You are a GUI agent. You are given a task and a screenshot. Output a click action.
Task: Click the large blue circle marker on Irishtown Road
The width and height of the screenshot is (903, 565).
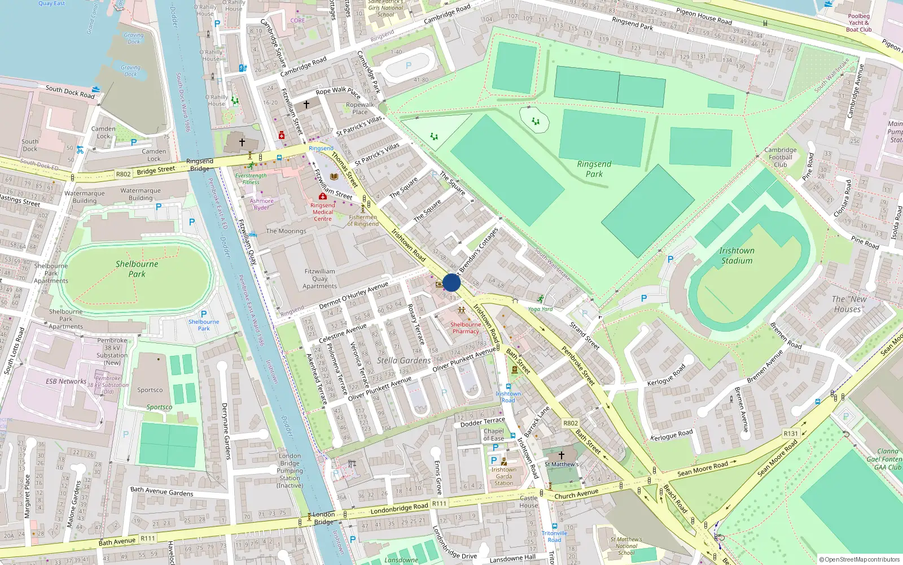[x=451, y=282]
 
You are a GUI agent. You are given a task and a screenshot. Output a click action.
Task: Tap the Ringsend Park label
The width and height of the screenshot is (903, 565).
[x=594, y=169]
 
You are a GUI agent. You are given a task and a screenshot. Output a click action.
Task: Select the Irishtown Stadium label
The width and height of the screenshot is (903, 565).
[x=737, y=255]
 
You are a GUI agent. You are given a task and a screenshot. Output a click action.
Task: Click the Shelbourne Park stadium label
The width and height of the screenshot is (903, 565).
[x=137, y=269]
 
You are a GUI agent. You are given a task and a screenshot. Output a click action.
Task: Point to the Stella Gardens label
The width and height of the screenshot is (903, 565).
[x=404, y=360]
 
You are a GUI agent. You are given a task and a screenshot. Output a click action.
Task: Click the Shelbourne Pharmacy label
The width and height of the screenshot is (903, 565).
[x=466, y=328]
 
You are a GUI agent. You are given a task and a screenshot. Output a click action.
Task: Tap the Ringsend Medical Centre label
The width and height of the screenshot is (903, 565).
[x=323, y=212]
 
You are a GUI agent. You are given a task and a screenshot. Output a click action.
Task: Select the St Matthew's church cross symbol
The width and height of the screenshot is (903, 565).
[x=561, y=455]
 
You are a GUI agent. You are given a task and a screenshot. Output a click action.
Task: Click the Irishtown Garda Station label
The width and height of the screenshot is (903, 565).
[x=503, y=476]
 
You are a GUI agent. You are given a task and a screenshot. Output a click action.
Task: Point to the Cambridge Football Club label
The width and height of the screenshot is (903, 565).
[x=781, y=157]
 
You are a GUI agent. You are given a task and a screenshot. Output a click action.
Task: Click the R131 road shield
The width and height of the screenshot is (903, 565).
[x=791, y=434]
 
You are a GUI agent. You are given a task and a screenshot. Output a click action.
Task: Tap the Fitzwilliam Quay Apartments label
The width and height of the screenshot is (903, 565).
[x=319, y=279]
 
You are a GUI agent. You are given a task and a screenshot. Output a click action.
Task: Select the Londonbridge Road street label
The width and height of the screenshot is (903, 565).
[x=399, y=508]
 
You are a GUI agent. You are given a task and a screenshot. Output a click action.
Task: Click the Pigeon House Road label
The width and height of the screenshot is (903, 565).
[x=703, y=16]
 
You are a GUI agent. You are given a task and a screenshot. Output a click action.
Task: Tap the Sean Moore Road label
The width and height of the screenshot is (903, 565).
[x=703, y=468]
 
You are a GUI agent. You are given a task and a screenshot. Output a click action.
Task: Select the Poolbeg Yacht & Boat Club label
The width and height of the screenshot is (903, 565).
[x=858, y=23]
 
